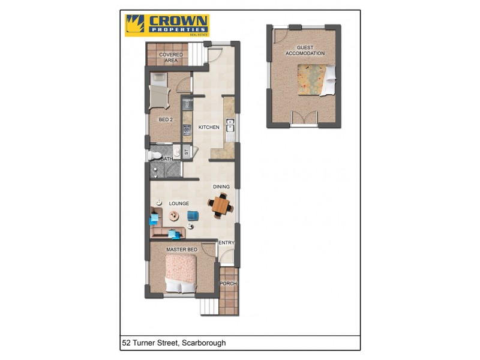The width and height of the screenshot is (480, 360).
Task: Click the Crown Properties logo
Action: pos(166,26)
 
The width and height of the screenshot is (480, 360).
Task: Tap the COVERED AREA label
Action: pos(171,58)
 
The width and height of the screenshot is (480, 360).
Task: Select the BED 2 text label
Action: pos(165,120)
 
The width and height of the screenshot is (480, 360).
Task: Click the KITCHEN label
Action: pos(209,127)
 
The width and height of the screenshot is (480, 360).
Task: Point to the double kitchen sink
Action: pos(229,126)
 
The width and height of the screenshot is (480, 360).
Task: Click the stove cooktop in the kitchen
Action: pos(187,128)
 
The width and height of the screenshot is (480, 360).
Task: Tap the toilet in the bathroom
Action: pos(156,157)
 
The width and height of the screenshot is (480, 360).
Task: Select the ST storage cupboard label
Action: pos(187,152)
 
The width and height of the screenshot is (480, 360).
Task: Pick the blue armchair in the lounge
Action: pos(193,215)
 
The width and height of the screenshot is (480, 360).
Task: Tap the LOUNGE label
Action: pos(179,204)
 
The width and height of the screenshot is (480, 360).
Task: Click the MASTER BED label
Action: pos(181,249)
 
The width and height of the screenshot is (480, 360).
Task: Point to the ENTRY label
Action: pos(227,243)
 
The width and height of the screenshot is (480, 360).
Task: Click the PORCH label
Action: pos(227,284)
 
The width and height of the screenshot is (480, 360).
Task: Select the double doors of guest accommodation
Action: pos(305,118)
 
